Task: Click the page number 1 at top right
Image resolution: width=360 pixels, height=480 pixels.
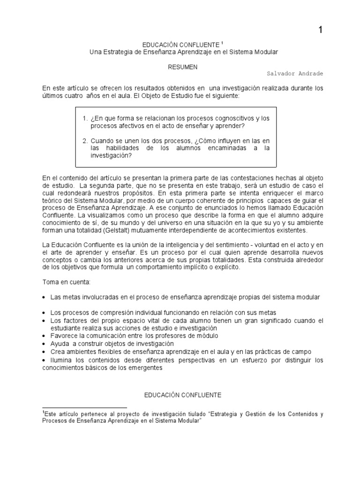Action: pyautogui.click(x=321, y=30)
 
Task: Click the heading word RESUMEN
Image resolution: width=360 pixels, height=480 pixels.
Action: pyautogui.click(x=183, y=67)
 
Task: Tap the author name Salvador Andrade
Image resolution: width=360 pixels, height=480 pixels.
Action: pyautogui.click(x=295, y=74)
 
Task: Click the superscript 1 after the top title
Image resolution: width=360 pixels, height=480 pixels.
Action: pyautogui.click(x=222, y=42)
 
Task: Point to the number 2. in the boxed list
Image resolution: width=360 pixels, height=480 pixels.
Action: pyautogui.click(x=85, y=141)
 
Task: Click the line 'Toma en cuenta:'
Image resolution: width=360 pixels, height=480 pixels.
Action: pyautogui.click(x=62, y=283)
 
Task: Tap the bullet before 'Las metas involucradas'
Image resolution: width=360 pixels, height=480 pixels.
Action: pyautogui.click(x=44, y=298)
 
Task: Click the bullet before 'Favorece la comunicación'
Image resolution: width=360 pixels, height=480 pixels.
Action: pyautogui.click(x=44, y=336)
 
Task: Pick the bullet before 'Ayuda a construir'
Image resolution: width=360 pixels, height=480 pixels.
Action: pyautogui.click(x=44, y=344)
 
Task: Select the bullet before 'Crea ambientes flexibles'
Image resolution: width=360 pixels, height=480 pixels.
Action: pyautogui.click(x=44, y=352)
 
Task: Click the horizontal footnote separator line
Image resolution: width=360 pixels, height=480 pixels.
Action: pyautogui.click(x=84, y=408)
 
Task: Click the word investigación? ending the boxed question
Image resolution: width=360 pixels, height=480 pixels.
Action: pyautogui.click(x=112, y=156)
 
